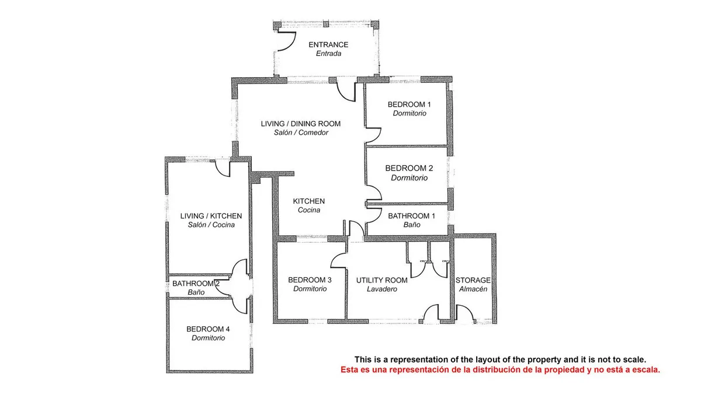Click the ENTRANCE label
[328, 45]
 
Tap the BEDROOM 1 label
[409, 104]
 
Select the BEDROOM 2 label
[409, 168]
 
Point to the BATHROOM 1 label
[412, 216]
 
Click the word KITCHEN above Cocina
[309, 201]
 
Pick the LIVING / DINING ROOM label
[301, 124]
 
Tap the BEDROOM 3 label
[310, 280]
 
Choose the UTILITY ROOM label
[382, 280]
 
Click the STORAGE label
[473, 280]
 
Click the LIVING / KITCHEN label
[211, 216]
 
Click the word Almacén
[473, 289]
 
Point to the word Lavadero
[382, 289]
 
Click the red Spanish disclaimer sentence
[500, 369]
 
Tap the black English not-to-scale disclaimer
[500, 360]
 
